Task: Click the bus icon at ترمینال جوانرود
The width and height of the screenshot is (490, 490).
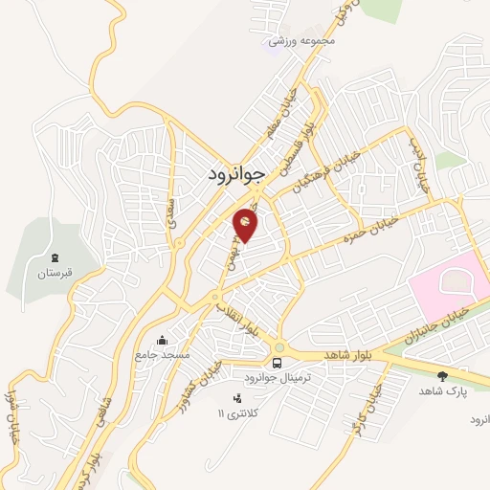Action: point(277,364)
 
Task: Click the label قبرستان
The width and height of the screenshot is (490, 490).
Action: point(55,274)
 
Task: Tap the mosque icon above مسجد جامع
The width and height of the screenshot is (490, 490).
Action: point(162,339)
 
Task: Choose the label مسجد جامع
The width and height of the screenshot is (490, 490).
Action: point(163,355)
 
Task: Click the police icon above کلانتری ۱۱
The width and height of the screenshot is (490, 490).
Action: point(237,398)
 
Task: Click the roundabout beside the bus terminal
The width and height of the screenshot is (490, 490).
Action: point(278,347)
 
